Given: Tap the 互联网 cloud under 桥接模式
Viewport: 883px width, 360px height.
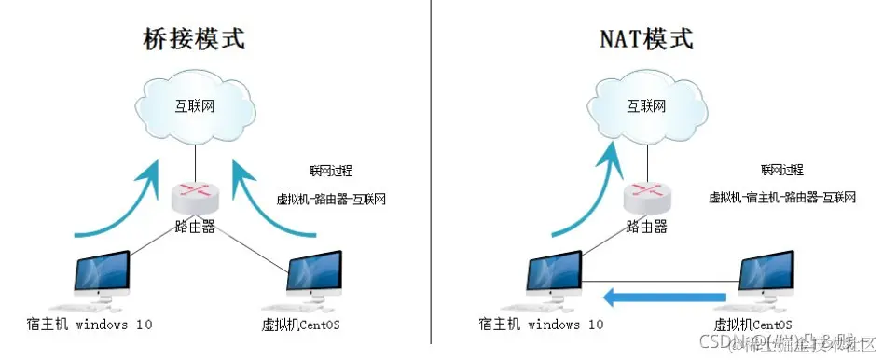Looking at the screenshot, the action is click(195, 106).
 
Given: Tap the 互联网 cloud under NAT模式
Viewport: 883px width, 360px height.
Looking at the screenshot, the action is click(645, 106).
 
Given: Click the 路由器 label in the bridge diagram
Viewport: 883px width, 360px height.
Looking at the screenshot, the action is click(195, 226).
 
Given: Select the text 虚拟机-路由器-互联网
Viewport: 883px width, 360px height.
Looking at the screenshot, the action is click(331, 199).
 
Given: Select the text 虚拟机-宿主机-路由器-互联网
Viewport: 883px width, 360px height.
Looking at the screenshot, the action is click(782, 198).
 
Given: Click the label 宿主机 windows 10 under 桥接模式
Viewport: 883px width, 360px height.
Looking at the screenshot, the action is click(90, 325).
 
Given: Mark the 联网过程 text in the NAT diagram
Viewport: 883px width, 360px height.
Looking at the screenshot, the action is click(781, 170).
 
